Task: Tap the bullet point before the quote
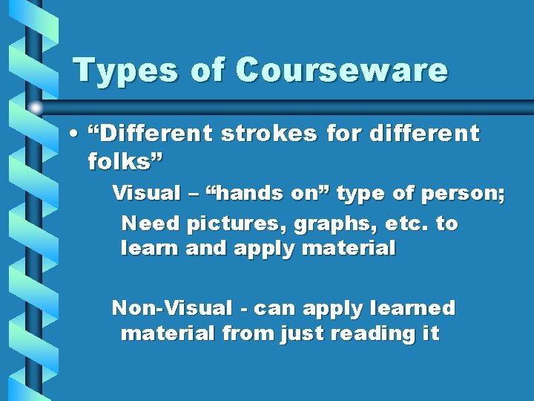(x=76, y=135)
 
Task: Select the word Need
(x=151, y=224)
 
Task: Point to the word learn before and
(x=151, y=249)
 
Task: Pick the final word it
(x=431, y=334)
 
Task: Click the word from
(x=248, y=334)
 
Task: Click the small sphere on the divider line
(x=36, y=107)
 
